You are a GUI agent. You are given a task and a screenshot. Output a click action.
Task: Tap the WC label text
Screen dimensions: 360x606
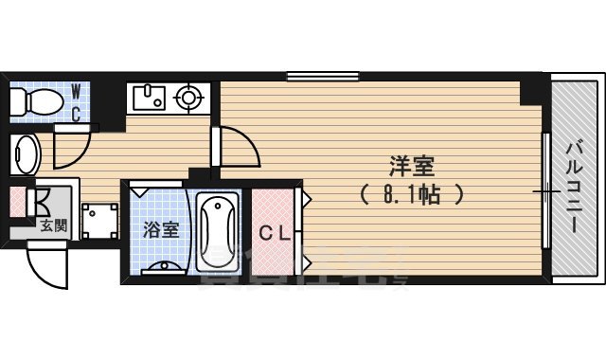pos(77,101)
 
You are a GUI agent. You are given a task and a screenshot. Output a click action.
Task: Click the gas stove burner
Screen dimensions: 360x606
pos(189,96)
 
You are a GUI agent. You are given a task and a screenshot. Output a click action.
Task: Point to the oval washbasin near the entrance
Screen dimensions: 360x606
pos(26,151)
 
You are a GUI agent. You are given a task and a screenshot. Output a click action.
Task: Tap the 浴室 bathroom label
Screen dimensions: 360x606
pos(160,228)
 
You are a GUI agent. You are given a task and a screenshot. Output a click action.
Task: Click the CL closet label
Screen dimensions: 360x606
pos(275,232)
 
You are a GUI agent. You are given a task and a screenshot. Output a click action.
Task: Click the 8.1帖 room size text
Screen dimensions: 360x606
pos(412,196)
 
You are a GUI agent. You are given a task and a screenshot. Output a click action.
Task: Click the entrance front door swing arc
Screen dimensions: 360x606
pos(47,266)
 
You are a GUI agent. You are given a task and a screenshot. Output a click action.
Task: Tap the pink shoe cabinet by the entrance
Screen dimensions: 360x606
pos(17,204)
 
